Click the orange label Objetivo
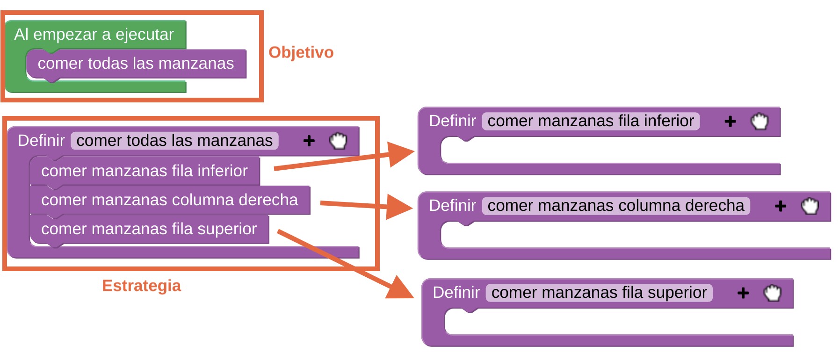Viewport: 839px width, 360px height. click(301, 52)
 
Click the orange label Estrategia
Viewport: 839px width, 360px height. click(141, 286)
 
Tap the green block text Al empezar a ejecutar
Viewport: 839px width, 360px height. click(94, 35)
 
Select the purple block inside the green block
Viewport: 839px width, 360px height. click(136, 64)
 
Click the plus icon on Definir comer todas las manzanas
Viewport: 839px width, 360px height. click(309, 141)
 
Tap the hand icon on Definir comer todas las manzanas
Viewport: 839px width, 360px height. click(338, 141)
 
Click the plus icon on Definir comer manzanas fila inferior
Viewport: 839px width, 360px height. click(730, 122)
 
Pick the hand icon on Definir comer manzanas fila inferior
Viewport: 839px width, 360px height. click(759, 122)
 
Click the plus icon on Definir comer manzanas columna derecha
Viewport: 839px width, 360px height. click(781, 206)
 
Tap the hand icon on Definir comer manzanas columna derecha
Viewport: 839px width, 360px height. click(810, 206)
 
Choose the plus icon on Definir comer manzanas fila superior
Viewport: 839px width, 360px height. click(743, 293)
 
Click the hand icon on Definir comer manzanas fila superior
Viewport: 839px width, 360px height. click(773, 293)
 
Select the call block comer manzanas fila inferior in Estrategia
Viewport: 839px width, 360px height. click(144, 171)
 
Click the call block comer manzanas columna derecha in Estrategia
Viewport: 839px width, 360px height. click(169, 200)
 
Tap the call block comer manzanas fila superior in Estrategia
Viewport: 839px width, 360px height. click(149, 229)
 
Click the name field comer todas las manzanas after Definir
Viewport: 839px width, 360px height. click(174, 141)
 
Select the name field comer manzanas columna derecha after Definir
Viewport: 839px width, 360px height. click(615, 206)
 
